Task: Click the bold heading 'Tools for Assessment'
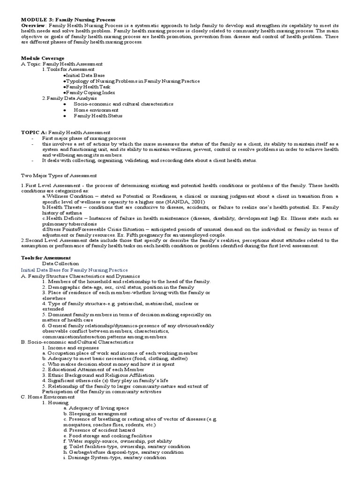[x=46, y=258]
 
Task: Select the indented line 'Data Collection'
[x=60, y=264]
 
